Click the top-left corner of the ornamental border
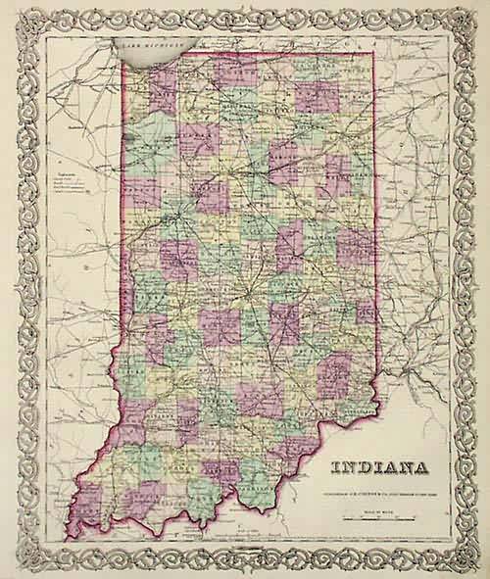(x=12, y=12)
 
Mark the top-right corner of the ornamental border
(x=477, y=12)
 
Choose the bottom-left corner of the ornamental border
(x=12, y=566)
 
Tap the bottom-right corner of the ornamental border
(x=477, y=566)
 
